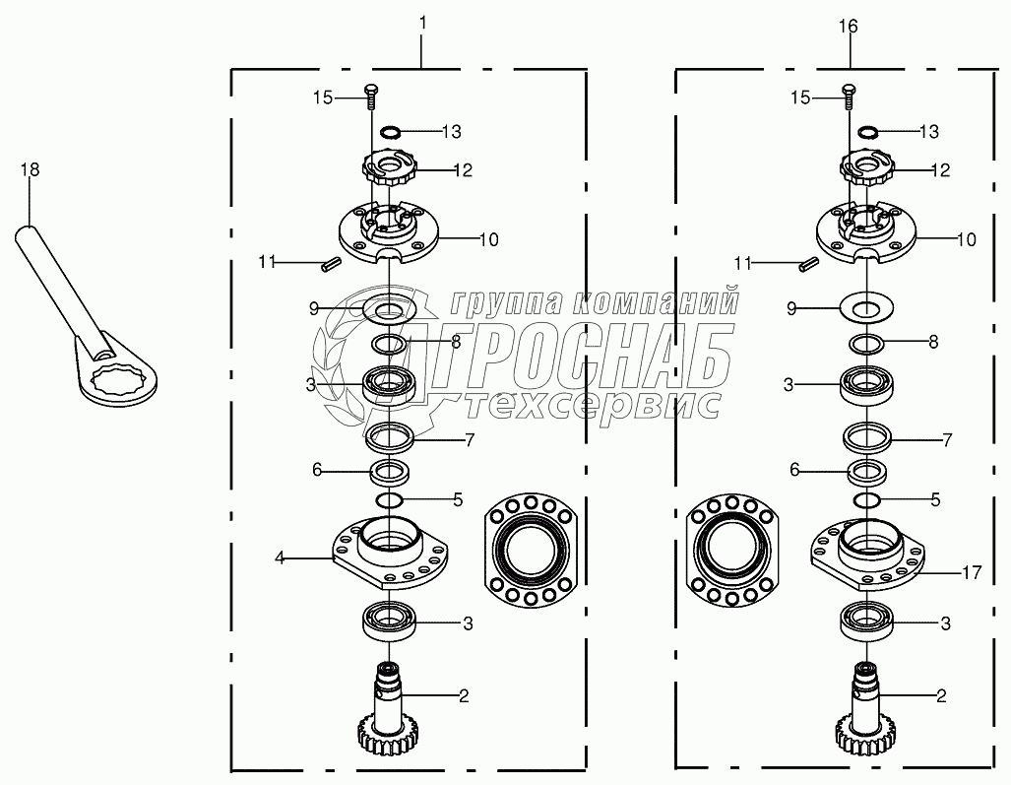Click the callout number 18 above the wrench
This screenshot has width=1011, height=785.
(x=30, y=169)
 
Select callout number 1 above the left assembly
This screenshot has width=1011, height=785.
(x=422, y=24)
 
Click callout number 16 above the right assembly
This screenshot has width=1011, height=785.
(x=849, y=27)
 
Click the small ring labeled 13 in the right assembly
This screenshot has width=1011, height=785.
(x=868, y=132)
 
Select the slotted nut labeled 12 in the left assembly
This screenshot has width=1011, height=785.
(x=390, y=170)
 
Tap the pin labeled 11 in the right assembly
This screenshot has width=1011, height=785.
(x=808, y=263)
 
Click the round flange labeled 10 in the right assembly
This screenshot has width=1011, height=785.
(x=865, y=233)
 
